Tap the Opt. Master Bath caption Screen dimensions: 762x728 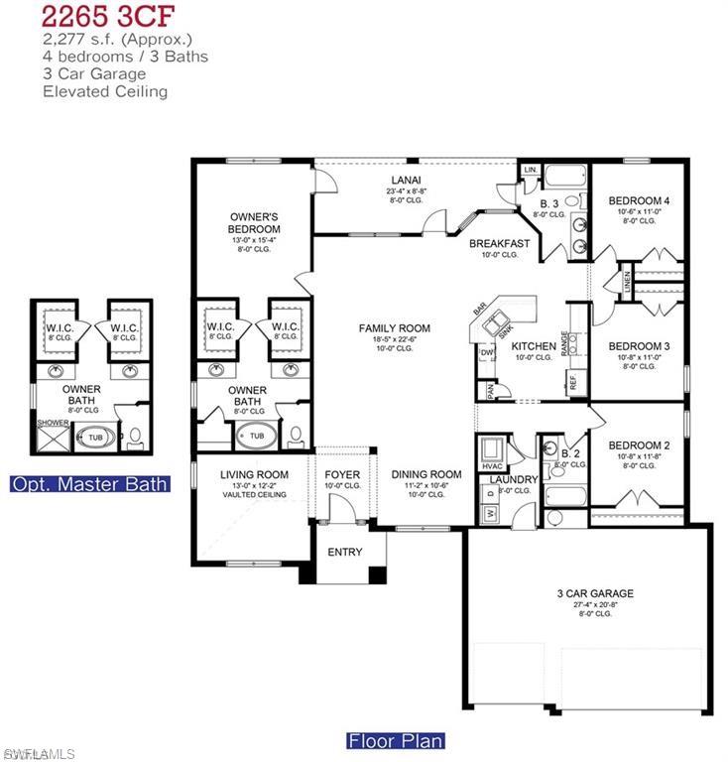[88, 484]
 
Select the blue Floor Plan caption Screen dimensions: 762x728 [395, 740]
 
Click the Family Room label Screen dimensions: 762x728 [394, 328]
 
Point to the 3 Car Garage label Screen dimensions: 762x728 [595, 593]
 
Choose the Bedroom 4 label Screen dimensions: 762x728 [639, 200]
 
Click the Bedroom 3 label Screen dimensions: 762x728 [639, 345]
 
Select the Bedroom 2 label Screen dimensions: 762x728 [639, 445]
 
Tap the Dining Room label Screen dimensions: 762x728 [426, 474]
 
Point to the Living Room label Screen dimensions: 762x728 [254, 474]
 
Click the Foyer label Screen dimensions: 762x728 [342, 474]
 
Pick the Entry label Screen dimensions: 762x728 [343, 552]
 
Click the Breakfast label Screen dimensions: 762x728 [499, 243]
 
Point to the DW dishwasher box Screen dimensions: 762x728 [487, 352]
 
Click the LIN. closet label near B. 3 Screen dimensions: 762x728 [530, 171]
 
